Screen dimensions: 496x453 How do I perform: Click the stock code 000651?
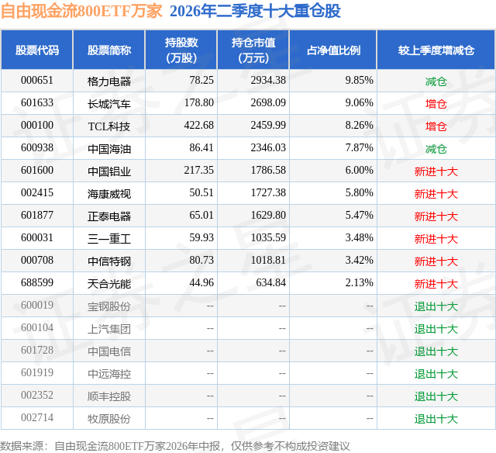(37, 81)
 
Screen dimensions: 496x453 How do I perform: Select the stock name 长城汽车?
(109, 104)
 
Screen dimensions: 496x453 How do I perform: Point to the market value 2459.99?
(268, 126)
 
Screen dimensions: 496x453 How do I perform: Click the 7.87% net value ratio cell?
(360, 148)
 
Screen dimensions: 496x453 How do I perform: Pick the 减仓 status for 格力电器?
(436, 81)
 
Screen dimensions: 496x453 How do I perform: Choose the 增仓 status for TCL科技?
(436, 126)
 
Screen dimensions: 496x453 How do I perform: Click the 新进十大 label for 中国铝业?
(436, 171)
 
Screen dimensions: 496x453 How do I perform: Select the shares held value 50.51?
(201, 193)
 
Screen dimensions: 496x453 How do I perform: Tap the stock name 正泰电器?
(109, 216)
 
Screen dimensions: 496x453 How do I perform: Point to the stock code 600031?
(37, 237)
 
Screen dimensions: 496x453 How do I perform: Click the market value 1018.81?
(268, 260)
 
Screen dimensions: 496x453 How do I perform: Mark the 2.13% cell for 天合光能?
(360, 282)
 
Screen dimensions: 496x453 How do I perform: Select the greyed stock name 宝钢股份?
(109, 306)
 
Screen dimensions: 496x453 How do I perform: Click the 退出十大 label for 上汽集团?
(436, 329)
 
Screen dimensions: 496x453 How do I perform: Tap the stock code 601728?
(37, 350)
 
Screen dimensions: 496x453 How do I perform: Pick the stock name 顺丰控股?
(109, 396)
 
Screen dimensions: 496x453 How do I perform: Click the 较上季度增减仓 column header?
(436, 50)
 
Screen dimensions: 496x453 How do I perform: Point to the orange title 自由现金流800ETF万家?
(81, 11)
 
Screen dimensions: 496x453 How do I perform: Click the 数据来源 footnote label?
(22, 446)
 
